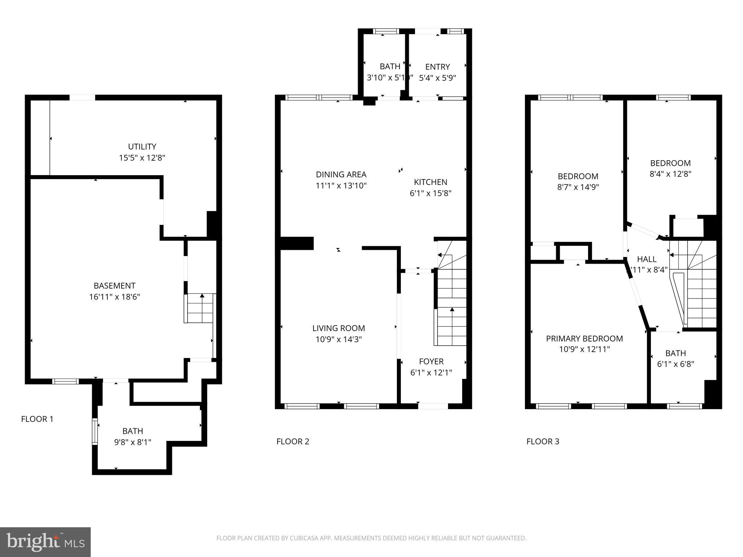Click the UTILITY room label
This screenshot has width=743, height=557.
(142, 147)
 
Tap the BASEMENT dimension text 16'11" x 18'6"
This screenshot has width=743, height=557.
(115, 297)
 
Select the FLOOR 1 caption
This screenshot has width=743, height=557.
(37, 419)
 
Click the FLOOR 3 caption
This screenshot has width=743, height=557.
(543, 442)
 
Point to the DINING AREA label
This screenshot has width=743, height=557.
(341, 174)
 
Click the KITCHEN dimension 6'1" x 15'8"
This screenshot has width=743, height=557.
(430, 193)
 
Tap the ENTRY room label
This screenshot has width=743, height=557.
(437, 67)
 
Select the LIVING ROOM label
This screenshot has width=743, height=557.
(338, 328)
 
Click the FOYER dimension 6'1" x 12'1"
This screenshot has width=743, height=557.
(431, 373)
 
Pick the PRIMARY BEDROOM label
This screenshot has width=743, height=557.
(584, 338)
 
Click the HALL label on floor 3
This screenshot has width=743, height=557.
(646, 259)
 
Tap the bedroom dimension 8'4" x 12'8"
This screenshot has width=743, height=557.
(670, 174)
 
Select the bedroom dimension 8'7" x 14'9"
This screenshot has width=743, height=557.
(578, 187)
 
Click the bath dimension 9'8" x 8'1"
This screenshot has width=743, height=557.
(132, 442)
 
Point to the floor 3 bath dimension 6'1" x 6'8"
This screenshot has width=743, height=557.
(675, 364)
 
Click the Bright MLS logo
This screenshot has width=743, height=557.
(45, 542)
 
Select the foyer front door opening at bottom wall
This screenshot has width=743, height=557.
(433, 406)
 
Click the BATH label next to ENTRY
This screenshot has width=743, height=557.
(390, 66)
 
